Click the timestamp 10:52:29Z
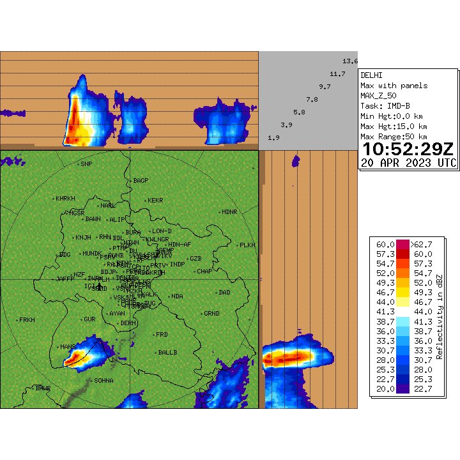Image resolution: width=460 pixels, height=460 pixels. click(x=408, y=149)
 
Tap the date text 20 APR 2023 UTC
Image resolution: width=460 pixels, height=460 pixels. click(x=408, y=163)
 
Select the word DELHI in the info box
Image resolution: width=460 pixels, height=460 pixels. click(x=371, y=75)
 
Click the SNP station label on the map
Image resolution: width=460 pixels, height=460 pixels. click(x=86, y=164)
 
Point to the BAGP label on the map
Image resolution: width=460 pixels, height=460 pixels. click(x=141, y=181)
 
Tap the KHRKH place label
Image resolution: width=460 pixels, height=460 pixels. click(x=65, y=198)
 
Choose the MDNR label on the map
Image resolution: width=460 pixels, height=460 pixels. click(x=229, y=211)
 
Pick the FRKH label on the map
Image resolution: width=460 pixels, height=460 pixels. click(x=27, y=319)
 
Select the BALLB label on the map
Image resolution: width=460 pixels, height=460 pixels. click(x=167, y=352)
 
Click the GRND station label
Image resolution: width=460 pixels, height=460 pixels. click(x=211, y=313)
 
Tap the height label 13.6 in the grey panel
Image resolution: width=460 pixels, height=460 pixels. click(x=350, y=61)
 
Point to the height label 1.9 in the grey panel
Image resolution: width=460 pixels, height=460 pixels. click(x=273, y=138)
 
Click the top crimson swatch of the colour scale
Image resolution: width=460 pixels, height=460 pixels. click(x=403, y=245)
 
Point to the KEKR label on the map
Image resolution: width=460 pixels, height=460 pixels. click(x=155, y=201)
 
